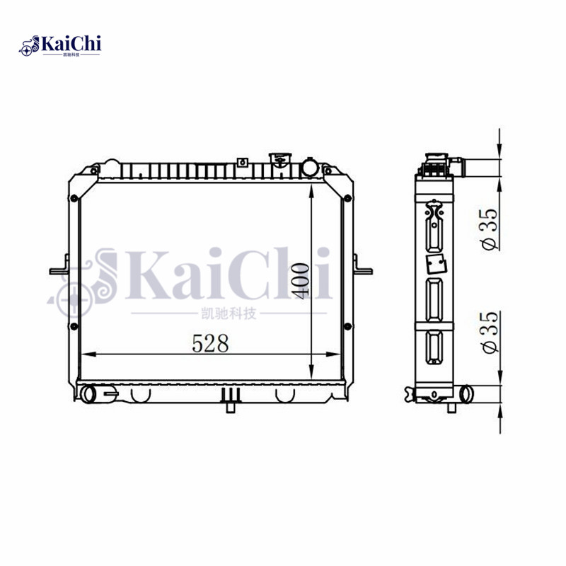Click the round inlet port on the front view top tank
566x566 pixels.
(310, 168)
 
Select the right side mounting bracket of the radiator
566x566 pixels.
(363, 270)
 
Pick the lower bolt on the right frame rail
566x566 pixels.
(347, 326)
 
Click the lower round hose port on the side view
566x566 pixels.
(466, 393)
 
